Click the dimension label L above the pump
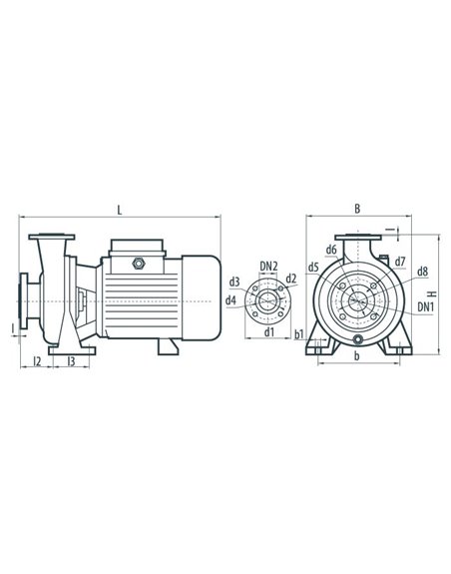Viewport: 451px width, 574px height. (x=120, y=210)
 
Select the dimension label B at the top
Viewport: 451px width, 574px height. (x=357, y=209)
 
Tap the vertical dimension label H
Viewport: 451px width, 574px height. (x=433, y=293)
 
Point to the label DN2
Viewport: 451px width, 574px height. (x=268, y=267)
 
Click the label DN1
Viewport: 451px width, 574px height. (x=426, y=307)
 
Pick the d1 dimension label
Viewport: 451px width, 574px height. (x=269, y=332)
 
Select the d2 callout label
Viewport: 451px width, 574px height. (x=291, y=279)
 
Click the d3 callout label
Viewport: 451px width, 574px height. (x=234, y=283)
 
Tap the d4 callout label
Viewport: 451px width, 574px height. (x=230, y=300)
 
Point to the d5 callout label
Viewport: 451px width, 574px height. (x=313, y=268)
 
